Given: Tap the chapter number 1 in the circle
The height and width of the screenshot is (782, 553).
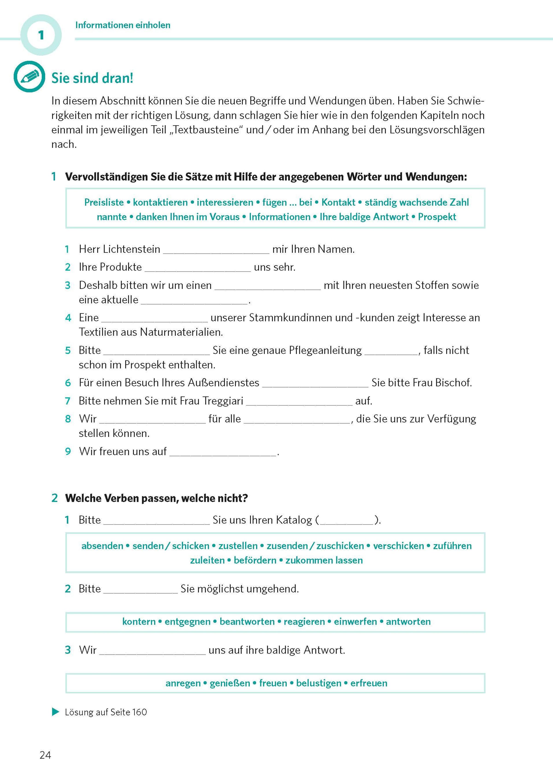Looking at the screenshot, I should pyautogui.click(x=41, y=35).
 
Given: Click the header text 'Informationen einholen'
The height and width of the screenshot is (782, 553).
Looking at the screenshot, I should pyautogui.click(x=123, y=25).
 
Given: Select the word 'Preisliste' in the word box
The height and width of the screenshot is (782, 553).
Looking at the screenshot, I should pyautogui.click(x=104, y=202).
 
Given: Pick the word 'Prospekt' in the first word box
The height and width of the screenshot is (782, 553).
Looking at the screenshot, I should pyautogui.click(x=437, y=217).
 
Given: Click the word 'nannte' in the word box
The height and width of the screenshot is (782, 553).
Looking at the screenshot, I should pyautogui.click(x=112, y=217).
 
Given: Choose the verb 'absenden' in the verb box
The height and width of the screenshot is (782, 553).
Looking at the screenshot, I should pyautogui.click(x=102, y=546).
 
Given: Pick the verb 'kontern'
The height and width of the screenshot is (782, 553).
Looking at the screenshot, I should pyautogui.click(x=139, y=622).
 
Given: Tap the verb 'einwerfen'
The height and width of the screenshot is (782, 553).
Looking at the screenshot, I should pyautogui.click(x=355, y=622).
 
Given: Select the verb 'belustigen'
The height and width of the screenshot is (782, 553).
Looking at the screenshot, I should pyautogui.click(x=318, y=683).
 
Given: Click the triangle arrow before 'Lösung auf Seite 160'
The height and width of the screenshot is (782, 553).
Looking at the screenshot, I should pyautogui.click(x=55, y=712).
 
